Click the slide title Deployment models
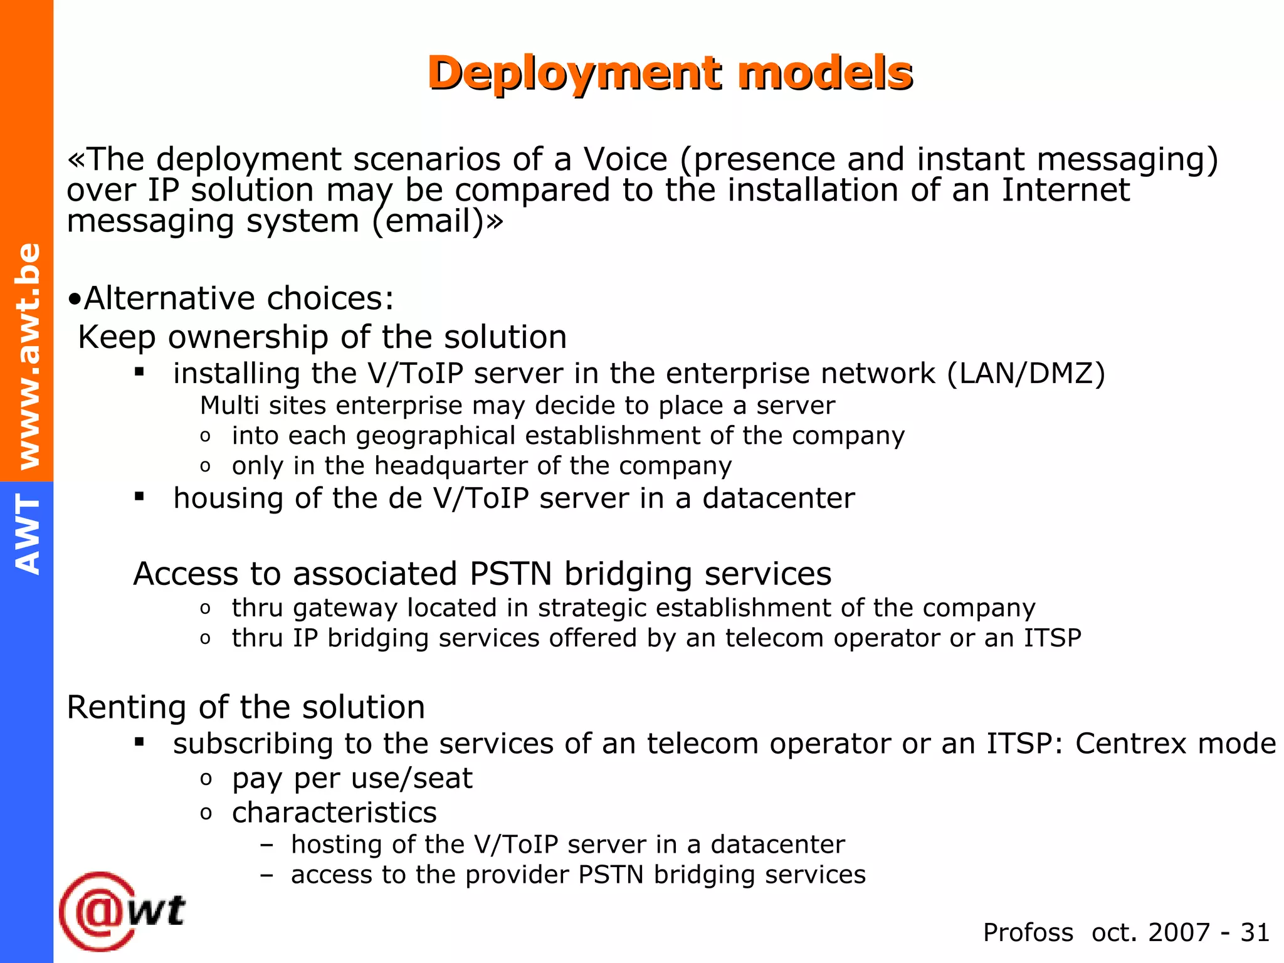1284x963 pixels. pyautogui.click(x=670, y=73)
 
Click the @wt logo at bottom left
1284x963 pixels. pyautogui.click(x=122, y=910)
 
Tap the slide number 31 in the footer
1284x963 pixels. pyautogui.click(x=1255, y=932)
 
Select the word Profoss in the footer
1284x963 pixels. pyautogui.click(x=1028, y=932)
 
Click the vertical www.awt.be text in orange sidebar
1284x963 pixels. pyautogui.click(x=28, y=355)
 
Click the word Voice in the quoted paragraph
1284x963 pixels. pyautogui.click(x=625, y=159)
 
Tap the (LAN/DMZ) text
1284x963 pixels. pyautogui.click(x=1026, y=374)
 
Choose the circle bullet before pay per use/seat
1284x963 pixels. pyautogui.click(x=206, y=779)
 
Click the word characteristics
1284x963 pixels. pyautogui.click(x=334, y=813)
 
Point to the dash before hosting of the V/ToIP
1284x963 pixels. pyautogui.click(x=267, y=845)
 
